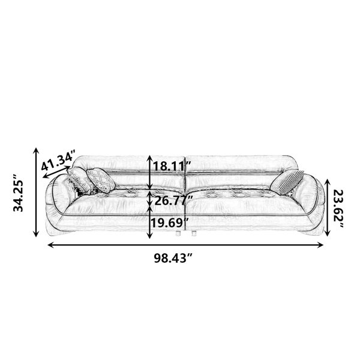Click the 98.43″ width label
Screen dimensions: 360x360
click(173, 258)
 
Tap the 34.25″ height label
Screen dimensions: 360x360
click(18, 193)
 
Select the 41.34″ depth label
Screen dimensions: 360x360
click(58, 160)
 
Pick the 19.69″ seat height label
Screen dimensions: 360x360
click(170, 223)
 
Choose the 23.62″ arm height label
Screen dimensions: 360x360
click(338, 209)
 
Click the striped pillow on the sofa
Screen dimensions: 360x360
click(287, 182)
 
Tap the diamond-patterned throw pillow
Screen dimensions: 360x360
click(101, 180)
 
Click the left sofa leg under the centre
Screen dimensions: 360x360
click(178, 233)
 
